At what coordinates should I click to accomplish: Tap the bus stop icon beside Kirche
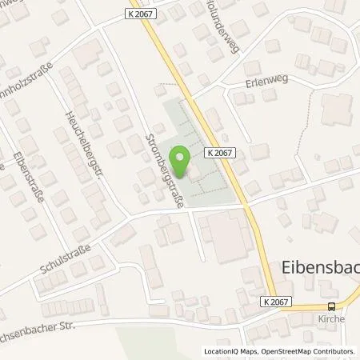331,306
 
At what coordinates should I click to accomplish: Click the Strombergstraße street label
165,171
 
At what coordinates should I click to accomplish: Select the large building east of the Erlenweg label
337,110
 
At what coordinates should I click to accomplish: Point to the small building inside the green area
191,170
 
